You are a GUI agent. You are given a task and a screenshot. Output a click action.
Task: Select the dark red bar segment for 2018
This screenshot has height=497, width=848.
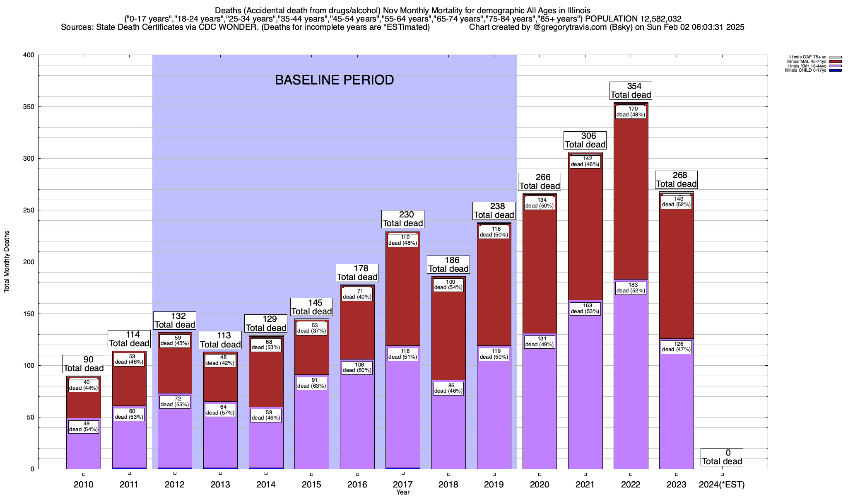tap(448, 331)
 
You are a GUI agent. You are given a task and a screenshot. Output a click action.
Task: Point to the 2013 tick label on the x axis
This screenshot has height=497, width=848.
tap(220, 484)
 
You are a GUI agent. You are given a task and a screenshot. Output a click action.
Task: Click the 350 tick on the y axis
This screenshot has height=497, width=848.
tap(29, 107)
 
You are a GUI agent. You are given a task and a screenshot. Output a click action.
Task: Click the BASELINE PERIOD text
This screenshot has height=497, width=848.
tap(334, 80)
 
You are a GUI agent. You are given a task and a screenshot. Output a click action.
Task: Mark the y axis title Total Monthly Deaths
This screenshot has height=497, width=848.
tap(7, 262)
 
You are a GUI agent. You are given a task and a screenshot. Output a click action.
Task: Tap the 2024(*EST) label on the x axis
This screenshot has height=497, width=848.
tap(722, 484)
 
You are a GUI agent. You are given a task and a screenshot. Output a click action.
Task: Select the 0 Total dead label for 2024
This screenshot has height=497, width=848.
tap(722, 457)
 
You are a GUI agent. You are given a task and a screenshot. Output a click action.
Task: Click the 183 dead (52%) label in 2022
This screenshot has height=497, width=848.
tap(631, 288)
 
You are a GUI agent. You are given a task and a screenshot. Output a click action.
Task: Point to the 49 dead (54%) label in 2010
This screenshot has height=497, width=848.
tap(84, 427)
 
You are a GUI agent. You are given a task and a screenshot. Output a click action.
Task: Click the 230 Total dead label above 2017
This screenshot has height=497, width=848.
tap(403, 219)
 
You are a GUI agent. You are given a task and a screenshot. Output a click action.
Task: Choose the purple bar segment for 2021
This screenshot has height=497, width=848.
tap(585, 393)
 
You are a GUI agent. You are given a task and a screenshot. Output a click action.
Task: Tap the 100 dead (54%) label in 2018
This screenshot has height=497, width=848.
tap(448, 285)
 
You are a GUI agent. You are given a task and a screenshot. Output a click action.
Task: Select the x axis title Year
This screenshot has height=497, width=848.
tap(402, 492)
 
